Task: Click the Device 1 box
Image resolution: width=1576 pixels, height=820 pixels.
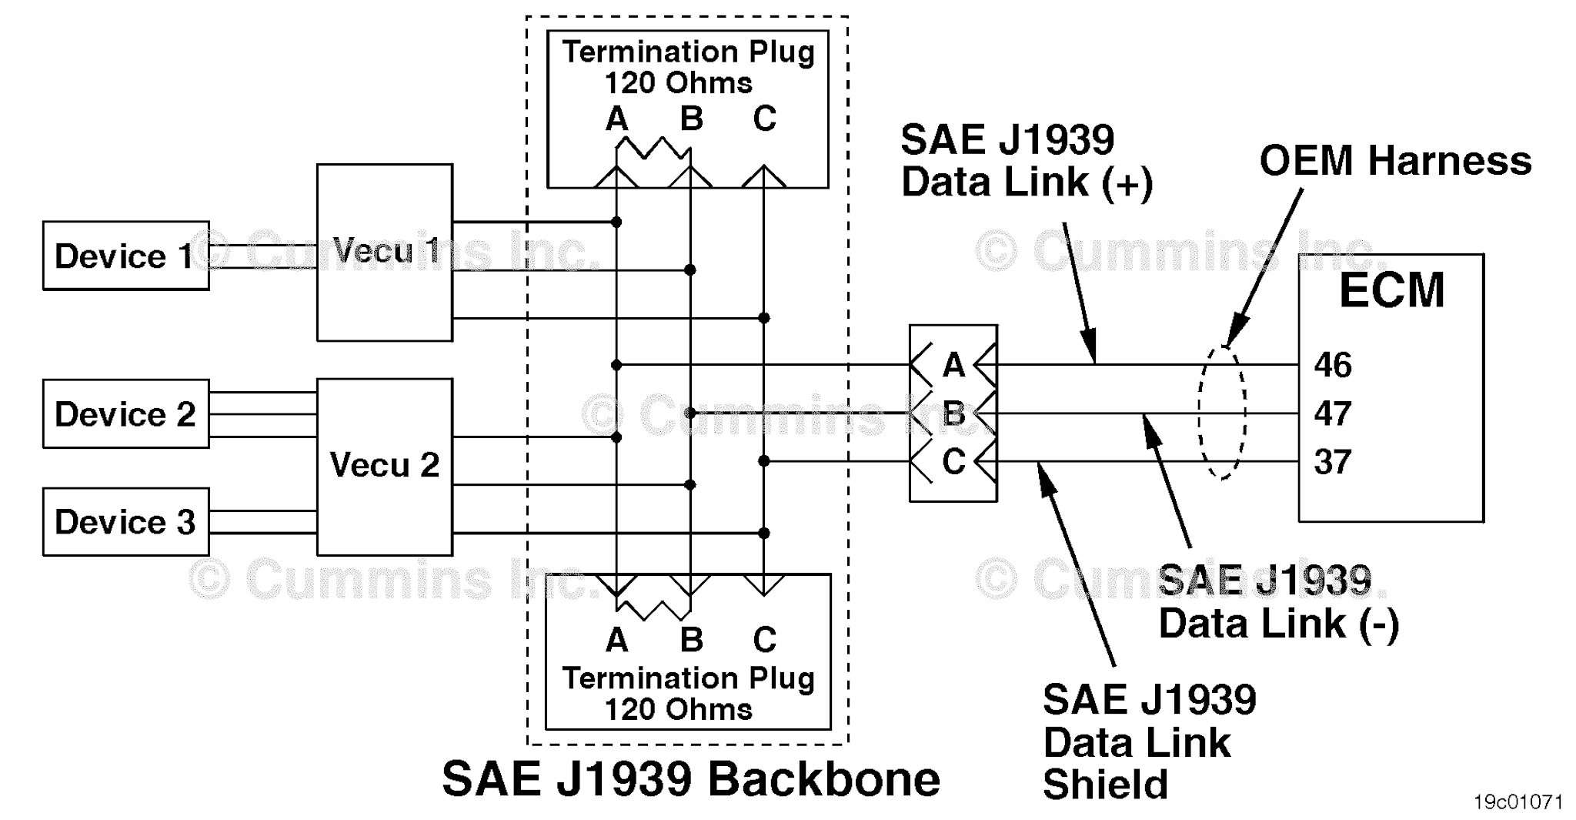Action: (125, 256)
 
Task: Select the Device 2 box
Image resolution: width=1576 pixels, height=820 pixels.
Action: (125, 413)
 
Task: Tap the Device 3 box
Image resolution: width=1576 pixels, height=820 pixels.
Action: (125, 521)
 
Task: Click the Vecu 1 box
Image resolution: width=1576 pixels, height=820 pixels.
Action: (384, 252)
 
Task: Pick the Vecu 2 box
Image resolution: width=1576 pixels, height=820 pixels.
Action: (384, 466)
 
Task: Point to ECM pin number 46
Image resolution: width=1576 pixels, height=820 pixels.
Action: (1332, 365)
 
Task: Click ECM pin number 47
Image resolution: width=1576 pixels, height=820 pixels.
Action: (1332, 413)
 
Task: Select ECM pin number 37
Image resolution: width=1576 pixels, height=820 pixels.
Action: (1332, 462)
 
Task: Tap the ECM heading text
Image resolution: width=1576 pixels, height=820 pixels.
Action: (1391, 290)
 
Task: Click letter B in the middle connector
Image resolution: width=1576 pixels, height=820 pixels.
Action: (953, 413)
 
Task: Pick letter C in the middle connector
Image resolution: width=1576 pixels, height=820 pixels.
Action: (953, 462)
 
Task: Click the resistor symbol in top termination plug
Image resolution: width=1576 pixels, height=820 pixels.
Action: (653, 148)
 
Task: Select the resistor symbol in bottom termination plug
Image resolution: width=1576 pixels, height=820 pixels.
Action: (653, 609)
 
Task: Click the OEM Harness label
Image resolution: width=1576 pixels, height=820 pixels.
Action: (1395, 161)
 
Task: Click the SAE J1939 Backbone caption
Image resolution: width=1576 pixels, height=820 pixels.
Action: (690, 778)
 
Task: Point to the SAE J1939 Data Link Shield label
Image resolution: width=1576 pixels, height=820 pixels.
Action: (1148, 742)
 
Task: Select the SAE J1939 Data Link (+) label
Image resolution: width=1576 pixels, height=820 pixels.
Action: (1026, 161)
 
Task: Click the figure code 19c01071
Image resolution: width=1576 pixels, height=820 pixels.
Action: (1518, 802)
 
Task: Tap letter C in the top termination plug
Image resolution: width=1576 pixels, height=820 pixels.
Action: (764, 119)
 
